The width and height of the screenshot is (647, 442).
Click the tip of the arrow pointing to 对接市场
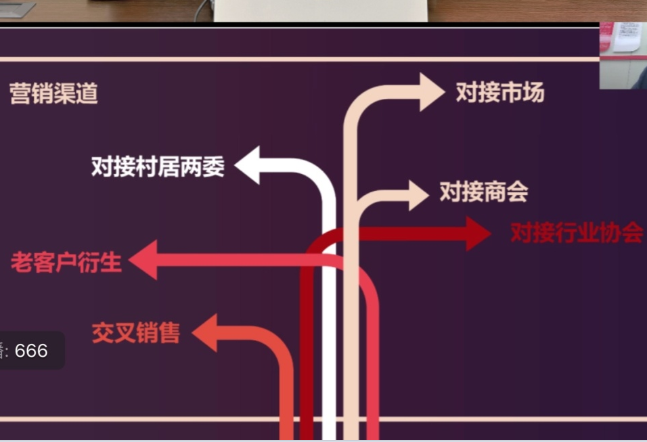(445, 91)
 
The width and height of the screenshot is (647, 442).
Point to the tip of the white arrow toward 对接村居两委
(234, 165)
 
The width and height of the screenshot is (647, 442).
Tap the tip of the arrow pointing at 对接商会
(428, 195)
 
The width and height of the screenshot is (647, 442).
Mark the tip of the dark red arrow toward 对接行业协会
(491, 234)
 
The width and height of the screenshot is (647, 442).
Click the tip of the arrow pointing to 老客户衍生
(129, 260)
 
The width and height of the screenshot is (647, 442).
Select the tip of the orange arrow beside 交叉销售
(192, 332)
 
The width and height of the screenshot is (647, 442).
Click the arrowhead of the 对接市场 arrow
(432, 91)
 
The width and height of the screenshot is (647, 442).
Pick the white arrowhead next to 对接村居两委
(247, 165)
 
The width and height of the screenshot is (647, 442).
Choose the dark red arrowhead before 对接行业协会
(478, 234)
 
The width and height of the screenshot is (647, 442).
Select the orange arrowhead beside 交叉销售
(204, 332)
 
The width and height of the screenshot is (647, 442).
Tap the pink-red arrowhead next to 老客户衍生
(143, 260)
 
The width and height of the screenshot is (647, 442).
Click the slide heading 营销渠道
(53, 93)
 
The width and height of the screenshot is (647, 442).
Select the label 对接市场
(500, 92)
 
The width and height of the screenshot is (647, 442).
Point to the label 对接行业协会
(577, 233)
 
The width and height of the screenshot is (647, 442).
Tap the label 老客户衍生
(66, 262)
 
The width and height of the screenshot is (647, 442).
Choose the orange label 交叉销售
(136, 332)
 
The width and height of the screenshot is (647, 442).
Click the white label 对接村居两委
(158, 167)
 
